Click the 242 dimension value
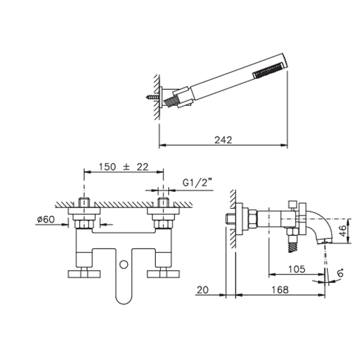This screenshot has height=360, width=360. [223, 140]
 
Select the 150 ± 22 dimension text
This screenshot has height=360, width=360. [123, 167]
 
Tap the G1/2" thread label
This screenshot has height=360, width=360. [197, 183]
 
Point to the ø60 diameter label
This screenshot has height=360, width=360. [46, 220]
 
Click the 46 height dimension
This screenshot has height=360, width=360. [343, 231]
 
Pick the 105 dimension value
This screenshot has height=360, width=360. [297, 269]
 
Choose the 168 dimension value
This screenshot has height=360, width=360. [280, 290]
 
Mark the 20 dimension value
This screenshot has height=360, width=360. [203, 290]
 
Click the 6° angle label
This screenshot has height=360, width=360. [340, 273]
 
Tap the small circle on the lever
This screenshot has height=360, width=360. [124, 264]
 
